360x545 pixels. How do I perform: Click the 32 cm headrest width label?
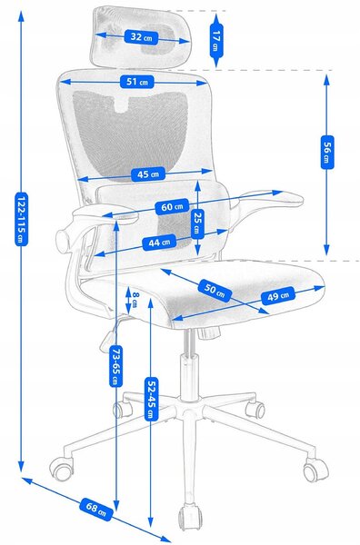coord(141,36)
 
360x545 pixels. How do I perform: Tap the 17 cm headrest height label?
coord(216,40)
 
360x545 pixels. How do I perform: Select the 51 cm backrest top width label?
coord(136,82)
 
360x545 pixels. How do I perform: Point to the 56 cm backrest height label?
coord(326,152)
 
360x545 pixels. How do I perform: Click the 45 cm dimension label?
coord(148,173)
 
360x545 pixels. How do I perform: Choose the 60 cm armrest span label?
coord(172,207)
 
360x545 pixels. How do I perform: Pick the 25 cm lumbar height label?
coord(197,223)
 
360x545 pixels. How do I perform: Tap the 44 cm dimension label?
coord(160,243)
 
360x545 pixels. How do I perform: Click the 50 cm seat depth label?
coord(215,291)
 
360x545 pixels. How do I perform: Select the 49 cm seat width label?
coord(278,296)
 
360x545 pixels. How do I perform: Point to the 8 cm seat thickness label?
coord(135,299)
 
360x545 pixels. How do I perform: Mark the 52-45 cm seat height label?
coord(151,399)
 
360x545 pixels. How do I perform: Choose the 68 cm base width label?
coord(96,510)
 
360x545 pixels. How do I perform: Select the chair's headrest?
coord(141,36)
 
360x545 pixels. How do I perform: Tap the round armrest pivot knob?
coord(65,240)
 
